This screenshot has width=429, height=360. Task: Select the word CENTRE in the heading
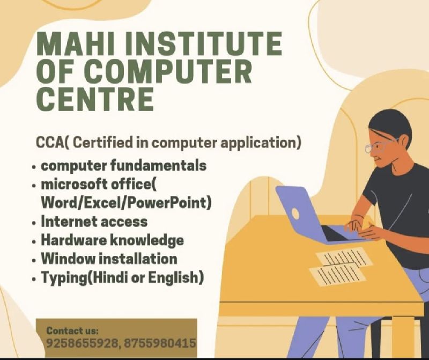[x=95, y=99]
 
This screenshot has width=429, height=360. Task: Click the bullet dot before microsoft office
[x=34, y=186]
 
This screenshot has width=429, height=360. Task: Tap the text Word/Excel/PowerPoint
[x=126, y=203]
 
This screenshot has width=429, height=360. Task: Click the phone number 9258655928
[x=82, y=343]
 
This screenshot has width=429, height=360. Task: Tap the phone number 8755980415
[x=160, y=343]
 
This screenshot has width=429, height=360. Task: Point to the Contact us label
[x=72, y=330]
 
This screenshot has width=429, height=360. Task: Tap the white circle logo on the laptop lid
[x=295, y=212]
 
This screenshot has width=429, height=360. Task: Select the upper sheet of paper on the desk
[x=344, y=257]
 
